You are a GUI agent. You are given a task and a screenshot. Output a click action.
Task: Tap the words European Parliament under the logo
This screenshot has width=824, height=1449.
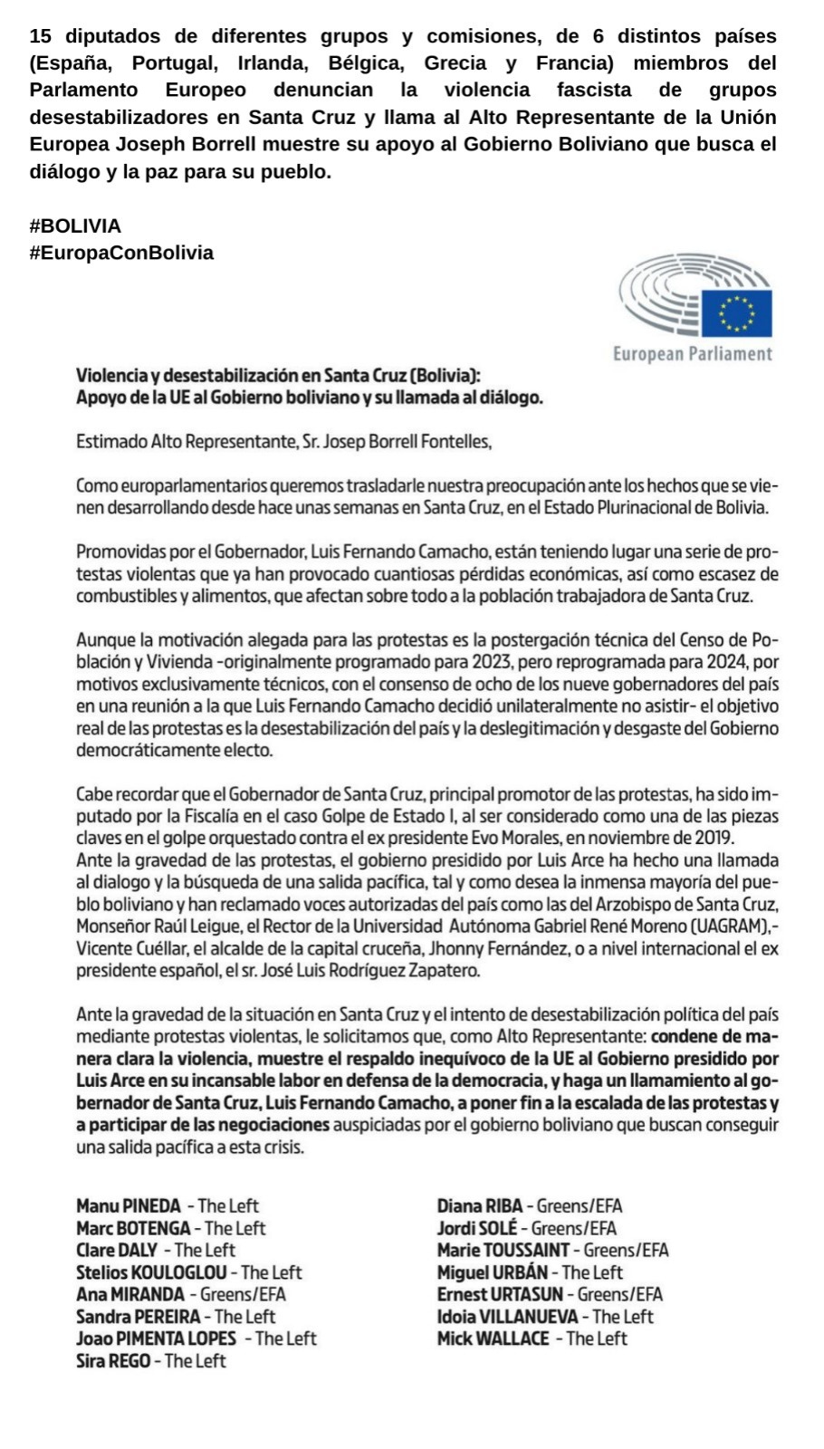click(x=693, y=354)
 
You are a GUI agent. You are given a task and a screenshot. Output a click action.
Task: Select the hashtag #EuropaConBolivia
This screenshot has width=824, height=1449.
click(x=121, y=253)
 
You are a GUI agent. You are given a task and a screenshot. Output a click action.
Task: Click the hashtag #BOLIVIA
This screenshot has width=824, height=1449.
click(x=75, y=226)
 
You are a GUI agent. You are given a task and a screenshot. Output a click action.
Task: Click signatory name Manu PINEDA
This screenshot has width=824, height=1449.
click(x=129, y=1206)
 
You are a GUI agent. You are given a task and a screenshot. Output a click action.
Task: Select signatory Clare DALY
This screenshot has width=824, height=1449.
click(x=117, y=1251)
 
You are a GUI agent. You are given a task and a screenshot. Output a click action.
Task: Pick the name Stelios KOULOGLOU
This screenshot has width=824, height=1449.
click(x=151, y=1272)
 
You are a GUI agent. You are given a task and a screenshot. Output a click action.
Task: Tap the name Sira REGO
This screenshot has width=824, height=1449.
click(x=113, y=1361)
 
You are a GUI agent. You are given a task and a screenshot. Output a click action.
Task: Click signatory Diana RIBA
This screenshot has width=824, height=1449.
click(x=480, y=1206)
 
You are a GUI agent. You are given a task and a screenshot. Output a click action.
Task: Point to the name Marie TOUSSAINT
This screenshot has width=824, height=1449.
click(x=503, y=1251)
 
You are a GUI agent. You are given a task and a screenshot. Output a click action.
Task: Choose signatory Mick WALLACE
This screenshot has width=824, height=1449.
click(x=493, y=1339)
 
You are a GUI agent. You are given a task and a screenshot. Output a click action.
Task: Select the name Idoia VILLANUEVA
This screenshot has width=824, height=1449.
click(x=507, y=1317)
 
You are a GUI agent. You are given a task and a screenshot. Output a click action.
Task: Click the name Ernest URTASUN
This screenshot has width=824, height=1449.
click(x=500, y=1295)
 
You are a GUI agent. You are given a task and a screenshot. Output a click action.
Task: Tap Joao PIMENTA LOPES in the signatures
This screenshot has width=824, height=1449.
click(x=156, y=1339)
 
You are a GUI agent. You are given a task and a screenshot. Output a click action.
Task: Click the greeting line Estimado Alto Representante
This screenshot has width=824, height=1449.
click(x=283, y=442)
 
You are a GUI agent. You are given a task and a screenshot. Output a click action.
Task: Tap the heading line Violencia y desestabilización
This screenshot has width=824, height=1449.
click(x=278, y=376)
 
